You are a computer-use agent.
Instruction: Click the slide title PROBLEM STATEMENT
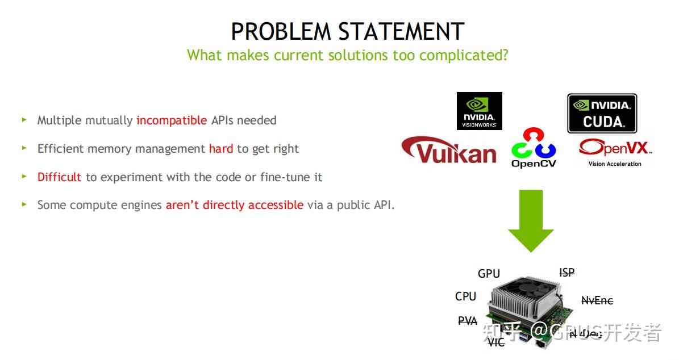click(x=347, y=31)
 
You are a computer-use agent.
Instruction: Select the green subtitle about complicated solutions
click(x=347, y=55)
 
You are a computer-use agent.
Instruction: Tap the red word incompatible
click(x=172, y=120)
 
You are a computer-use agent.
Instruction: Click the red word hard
click(x=221, y=149)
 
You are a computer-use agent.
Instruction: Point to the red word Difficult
click(x=60, y=177)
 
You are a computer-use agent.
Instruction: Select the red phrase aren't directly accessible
click(x=234, y=205)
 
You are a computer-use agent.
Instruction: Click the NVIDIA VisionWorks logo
click(x=479, y=111)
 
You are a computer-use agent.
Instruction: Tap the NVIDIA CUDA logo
click(x=602, y=114)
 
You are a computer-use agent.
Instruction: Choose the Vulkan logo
click(x=449, y=150)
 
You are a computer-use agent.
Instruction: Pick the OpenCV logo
click(x=534, y=148)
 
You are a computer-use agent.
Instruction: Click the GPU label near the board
click(x=489, y=274)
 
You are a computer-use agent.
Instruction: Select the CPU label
click(x=465, y=296)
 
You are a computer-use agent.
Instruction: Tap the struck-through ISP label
click(x=566, y=273)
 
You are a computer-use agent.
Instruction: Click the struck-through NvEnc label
click(x=597, y=301)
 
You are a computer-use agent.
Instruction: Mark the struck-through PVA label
click(x=468, y=321)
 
